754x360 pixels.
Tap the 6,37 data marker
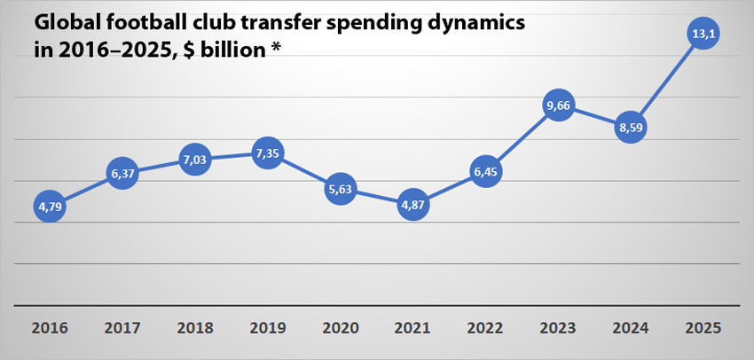click(122, 175)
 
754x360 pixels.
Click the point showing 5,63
click(341, 189)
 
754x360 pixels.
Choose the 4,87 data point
click(413, 207)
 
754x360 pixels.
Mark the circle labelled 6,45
click(485, 172)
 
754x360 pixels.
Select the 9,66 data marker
click(558, 106)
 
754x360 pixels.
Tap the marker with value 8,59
click(631, 128)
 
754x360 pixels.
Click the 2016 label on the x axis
click(50, 328)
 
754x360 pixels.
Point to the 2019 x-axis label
click(268, 328)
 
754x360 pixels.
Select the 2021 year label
click(413, 328)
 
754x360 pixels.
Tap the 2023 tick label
click(558, 328)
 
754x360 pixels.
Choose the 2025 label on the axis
click(703, 328)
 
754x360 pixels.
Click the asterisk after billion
click(275, 48)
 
